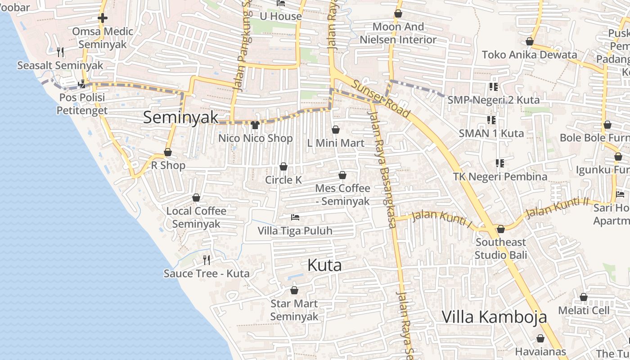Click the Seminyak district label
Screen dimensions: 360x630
pyautogui.click(x=180, y=117)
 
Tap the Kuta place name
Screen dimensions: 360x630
pyautogui.click(x=324, y=265)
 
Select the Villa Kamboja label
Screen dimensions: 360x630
pyautogui.click(x=494, y=317)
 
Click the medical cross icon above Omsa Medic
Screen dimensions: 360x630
pyautogui.click(x=103, y=18)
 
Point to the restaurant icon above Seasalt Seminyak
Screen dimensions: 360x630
pyautogui.click(x=60, y=52)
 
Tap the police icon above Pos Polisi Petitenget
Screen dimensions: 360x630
pyautogui.click(x=82, y=84)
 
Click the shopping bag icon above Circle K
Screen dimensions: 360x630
pyautogui.click(x=283, y=167)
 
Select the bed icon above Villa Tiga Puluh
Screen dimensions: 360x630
pyautogui.click(x=295, y=218)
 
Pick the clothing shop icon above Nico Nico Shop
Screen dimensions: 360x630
pyautogui.click(x=255, y=125)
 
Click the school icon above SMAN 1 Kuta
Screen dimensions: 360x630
pyautogui.click(x=491, y=120)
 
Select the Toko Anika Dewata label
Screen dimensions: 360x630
pyautogui.click(x=529, y=55)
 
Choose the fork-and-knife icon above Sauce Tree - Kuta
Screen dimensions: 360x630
pyautogui.click(x=207, y=260)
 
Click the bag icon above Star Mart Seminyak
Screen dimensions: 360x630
pyautogui.click(x=294, y=291)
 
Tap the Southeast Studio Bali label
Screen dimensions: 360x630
pyautogui.click(x=500, y=248)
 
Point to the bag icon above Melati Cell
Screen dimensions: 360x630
pyautogui.click(x=584, y=297)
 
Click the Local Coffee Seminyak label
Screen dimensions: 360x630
pyautogui.click(x=196, y=217)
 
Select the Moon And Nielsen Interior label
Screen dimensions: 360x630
pyautogui.click(x=398, y=33)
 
